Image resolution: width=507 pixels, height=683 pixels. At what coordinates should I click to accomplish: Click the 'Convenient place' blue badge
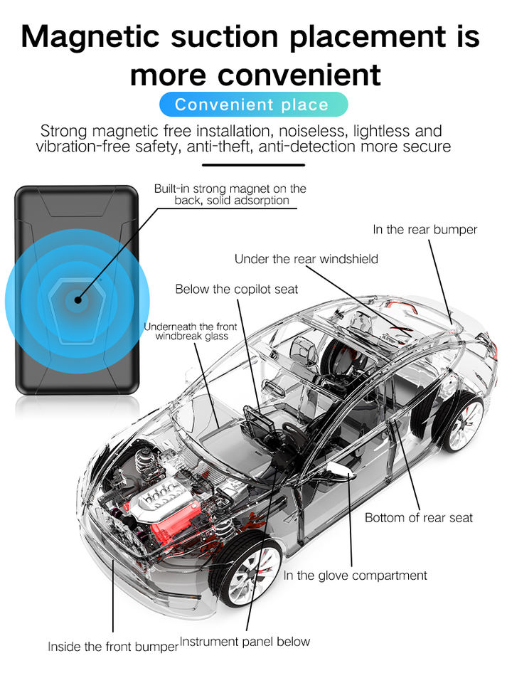[252, 105]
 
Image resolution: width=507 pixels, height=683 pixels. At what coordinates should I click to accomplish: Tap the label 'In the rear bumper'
[425, 229]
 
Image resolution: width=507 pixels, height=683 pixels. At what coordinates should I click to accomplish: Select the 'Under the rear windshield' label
[306, 259]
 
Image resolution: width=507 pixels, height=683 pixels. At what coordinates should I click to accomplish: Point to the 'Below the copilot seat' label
[237, 289]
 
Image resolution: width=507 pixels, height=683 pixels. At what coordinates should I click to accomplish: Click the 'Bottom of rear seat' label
[418, 517]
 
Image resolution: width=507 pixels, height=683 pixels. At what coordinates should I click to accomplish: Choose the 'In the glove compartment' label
[355, 575]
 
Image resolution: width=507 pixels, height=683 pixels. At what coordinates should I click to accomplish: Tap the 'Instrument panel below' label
[245, 641]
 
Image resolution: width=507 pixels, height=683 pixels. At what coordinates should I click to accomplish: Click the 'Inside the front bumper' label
[112, 647]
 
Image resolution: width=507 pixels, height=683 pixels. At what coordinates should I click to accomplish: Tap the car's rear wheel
[462, 424]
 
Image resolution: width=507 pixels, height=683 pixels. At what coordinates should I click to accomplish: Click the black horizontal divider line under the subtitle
[253, 165]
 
